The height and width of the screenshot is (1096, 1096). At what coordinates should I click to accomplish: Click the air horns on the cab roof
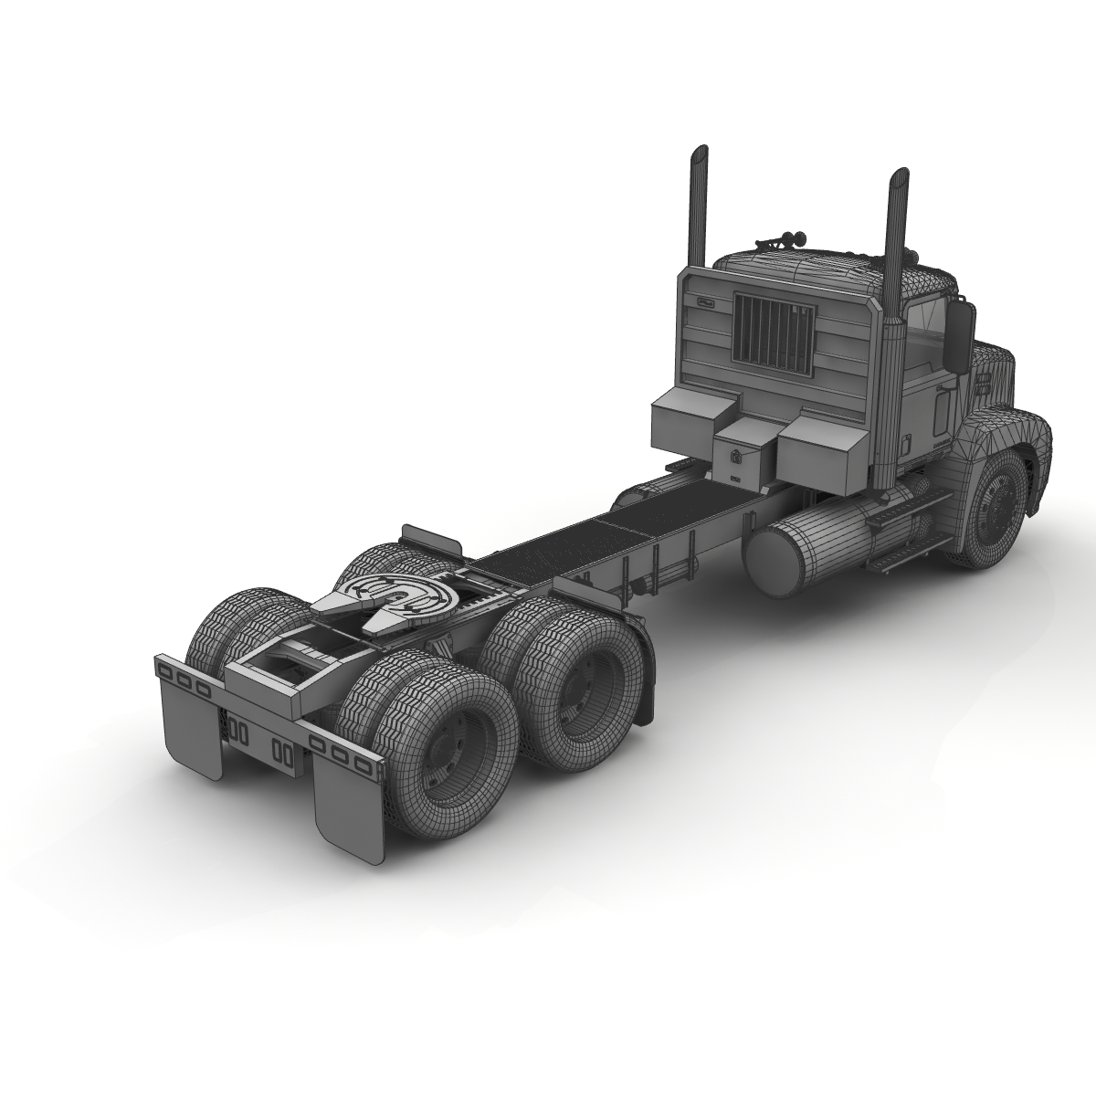pos(779,241)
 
